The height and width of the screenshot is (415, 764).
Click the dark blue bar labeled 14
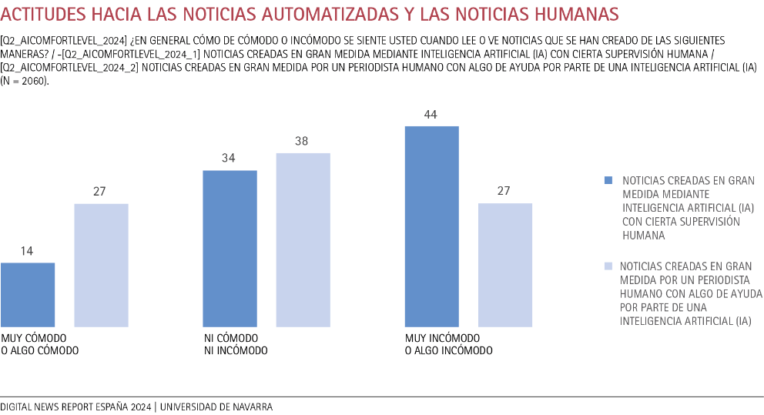[x=28, y=295]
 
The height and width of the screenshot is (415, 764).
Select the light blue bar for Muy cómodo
[x=101, y=266]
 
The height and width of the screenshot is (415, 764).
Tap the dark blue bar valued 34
[x=230, y=249]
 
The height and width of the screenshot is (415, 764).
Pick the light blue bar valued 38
[x=303, y=240]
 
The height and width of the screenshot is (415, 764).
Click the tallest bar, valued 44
[x=431, y=226]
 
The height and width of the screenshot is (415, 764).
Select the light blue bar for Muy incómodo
[x=504, y=266]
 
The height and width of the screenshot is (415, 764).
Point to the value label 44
[x=431, y=115]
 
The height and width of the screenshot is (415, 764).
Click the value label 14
[x=28, y=251]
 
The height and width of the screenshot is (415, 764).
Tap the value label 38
[x=303, y=142]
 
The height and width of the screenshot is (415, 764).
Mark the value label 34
[x=230, y=159]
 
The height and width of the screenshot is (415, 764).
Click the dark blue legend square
[x=608, y=180]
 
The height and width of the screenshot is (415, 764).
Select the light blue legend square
[x=608, y=266]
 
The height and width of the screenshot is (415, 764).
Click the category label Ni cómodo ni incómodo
[x=235, y=344]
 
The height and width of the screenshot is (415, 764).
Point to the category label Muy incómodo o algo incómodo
[x=448, y=344]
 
